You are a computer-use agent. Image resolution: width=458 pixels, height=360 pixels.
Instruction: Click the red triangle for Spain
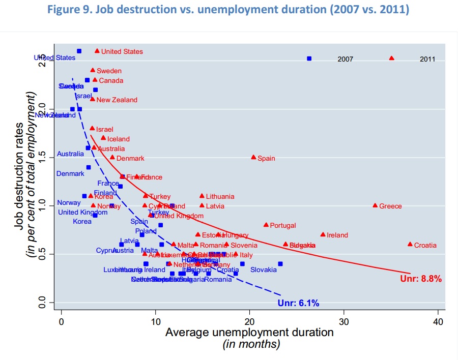pos(253,157)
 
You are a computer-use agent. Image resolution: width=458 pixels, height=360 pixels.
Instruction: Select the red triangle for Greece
pos(375,205)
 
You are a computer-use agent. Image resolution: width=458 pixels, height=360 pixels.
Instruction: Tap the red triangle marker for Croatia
pos(410,244)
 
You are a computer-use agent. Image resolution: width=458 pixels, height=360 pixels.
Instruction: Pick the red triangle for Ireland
pos(323,234)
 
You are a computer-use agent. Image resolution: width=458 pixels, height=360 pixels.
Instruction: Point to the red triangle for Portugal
pos(266,225)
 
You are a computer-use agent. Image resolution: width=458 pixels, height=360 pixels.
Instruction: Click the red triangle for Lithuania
pos(202,196)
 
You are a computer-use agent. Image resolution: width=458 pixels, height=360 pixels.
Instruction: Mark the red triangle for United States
pos(97,51)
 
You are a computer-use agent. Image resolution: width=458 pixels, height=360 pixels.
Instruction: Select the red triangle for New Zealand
pos(93,99)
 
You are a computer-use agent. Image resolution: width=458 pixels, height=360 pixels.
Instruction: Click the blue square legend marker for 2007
pos(309,58)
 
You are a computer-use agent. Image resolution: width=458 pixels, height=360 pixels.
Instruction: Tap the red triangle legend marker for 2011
pos(391,58)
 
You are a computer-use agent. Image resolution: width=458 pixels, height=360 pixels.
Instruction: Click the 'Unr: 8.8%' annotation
pos(421,279)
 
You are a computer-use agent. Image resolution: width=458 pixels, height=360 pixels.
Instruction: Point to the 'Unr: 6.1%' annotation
pos(299,304)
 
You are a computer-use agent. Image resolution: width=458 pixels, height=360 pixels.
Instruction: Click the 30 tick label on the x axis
pos(344,322)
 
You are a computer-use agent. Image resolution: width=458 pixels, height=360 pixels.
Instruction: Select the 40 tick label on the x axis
pos(438,322)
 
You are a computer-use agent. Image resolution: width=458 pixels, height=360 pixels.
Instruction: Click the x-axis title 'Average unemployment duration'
pos(249,333)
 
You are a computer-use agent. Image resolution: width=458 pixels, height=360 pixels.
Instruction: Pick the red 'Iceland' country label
pos(119,139)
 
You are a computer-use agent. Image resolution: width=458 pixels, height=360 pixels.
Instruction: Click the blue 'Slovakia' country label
pos(263,269)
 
